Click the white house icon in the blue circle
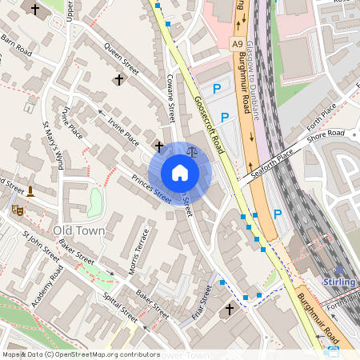(x=179, y=173)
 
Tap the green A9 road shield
(x=237, y=43)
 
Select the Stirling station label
(x=341, y=282)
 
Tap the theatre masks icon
(x=17, y=210)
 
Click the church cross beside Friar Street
(x=230, y=308)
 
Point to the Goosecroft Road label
(x=208, y=125)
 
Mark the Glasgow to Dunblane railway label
(x=257, y=72)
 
